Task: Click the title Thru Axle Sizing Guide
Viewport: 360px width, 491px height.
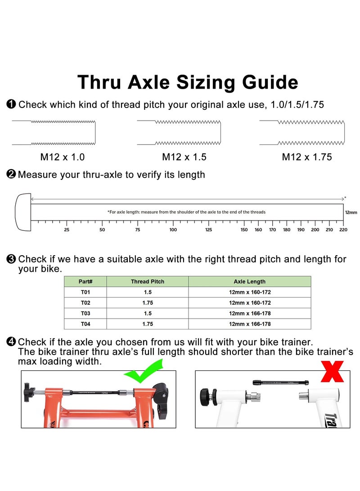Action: point(187,83)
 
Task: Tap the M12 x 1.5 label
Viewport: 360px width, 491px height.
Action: point(184,157)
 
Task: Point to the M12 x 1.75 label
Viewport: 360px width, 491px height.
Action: point(306,157)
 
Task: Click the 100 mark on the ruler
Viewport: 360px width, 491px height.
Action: point(173,230)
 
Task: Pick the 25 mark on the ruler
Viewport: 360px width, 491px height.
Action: point(67,230)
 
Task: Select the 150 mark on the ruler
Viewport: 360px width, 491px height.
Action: point(244,230)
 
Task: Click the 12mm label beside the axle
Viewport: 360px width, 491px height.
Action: point(351,212)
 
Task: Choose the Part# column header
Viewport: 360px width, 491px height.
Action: point(85,282)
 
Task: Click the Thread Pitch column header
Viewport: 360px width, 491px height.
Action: point(148,282)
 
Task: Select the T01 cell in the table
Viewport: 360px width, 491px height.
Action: point(85,292)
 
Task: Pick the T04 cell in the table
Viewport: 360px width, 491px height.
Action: point(85,324)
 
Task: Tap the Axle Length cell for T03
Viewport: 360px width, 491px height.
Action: point(249,313)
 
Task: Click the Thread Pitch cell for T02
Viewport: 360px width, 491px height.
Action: point(148,303)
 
